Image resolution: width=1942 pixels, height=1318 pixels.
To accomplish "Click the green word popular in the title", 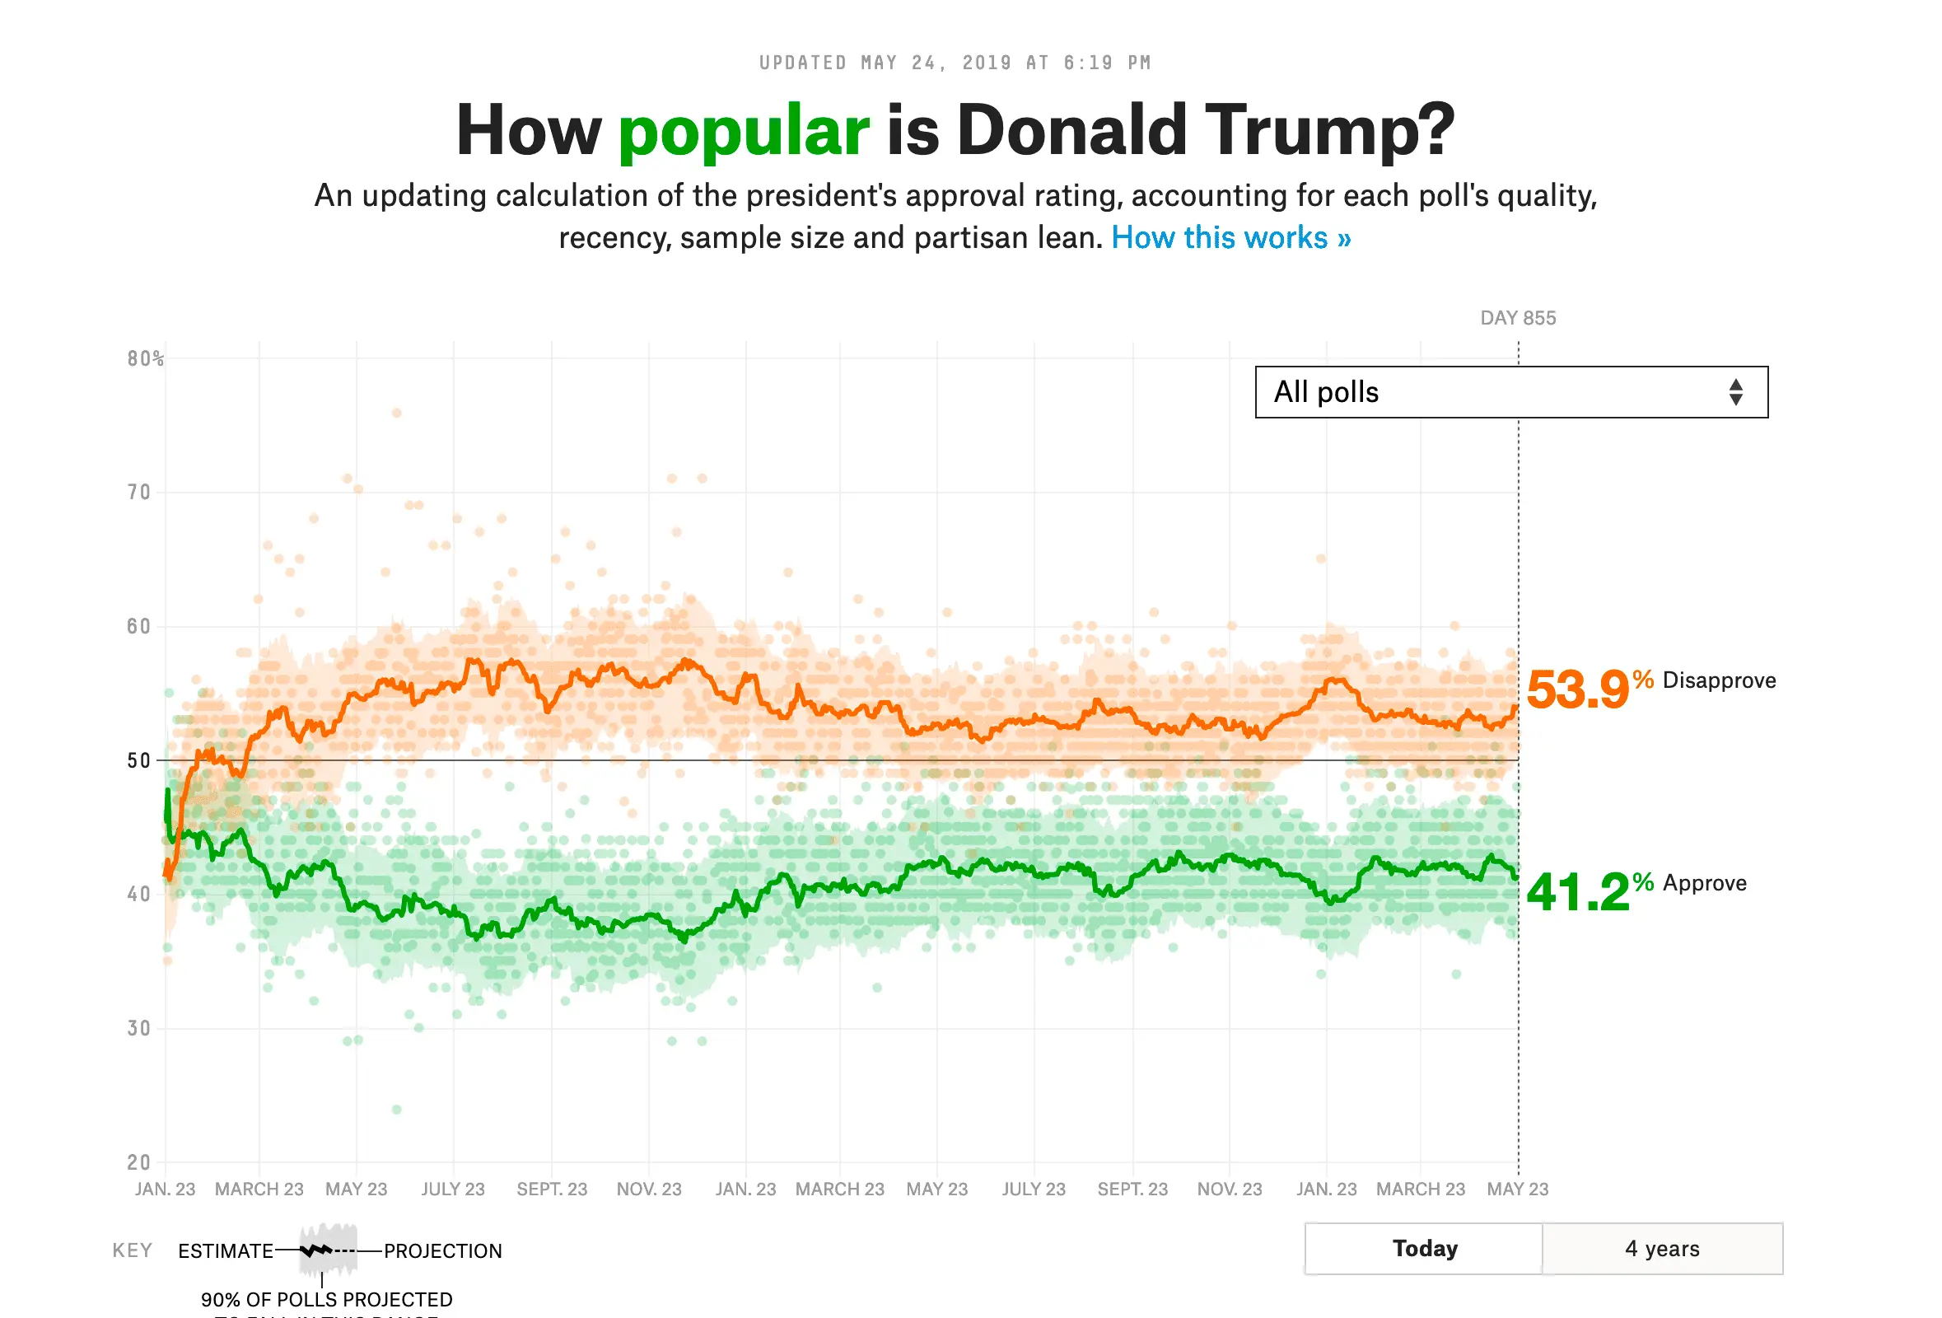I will (743, 131).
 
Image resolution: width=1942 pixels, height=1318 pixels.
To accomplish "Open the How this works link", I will (1230, 238).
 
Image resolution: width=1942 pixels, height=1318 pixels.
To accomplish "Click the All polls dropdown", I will (1510, 392).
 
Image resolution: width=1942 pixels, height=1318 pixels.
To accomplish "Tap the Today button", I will (1424, 1249).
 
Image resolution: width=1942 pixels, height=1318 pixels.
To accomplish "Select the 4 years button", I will (1661, 1249).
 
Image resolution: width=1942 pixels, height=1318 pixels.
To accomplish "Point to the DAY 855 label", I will (1518, 319).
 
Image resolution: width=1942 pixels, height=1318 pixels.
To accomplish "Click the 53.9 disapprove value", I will (1577, 690).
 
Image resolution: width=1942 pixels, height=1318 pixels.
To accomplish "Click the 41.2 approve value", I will (1577, 892).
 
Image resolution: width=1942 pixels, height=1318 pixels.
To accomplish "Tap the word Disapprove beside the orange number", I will (1718, 680).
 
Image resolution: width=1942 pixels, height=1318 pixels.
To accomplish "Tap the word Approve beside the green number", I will (1704, 883).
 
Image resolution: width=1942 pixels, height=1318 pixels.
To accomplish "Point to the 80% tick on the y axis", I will (145, 359).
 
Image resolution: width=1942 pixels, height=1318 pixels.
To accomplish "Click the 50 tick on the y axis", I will (138, 760).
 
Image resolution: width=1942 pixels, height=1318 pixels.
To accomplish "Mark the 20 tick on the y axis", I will (138, 1162).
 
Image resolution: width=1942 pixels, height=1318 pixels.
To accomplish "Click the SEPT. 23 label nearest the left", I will (552, 1189).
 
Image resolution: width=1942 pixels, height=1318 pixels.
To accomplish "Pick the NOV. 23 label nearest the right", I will (1230, 1189).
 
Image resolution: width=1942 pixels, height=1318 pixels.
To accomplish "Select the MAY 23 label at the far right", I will (1518, 1189).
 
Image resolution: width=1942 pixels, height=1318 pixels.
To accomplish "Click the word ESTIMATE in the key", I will (226, 1251).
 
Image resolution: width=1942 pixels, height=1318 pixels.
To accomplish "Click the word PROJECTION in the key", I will (443, 1251).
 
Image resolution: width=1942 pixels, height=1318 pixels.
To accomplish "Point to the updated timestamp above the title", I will (955, 63).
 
